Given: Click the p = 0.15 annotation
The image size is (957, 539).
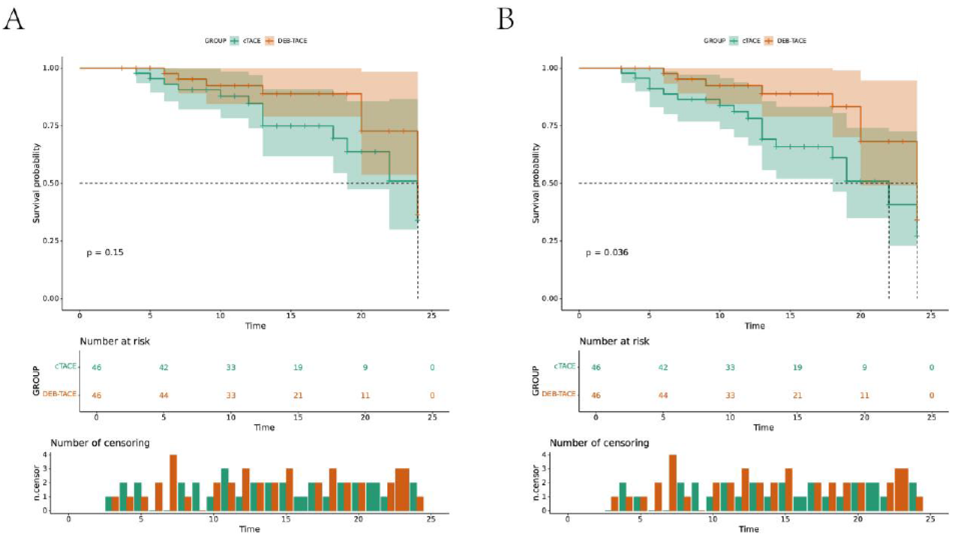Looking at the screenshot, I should point(105,253).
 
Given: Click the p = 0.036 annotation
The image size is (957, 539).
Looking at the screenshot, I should point(607,253).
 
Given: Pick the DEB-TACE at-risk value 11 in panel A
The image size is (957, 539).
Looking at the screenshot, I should point(365,395).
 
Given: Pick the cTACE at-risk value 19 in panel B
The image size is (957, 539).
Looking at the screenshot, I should point(797,367).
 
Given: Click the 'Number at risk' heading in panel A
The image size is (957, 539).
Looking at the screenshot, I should point(114,341).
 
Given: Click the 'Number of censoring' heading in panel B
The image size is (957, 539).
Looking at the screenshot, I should point(599,443).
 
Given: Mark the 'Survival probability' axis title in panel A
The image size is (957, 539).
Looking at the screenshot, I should point(36,183).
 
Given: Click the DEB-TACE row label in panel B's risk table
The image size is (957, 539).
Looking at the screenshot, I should point(558,394).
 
